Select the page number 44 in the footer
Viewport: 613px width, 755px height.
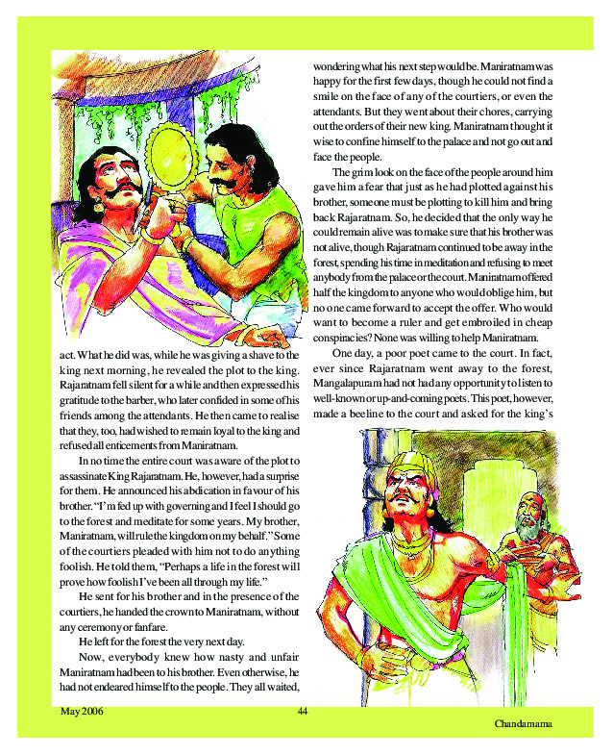(x=303, y=711)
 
